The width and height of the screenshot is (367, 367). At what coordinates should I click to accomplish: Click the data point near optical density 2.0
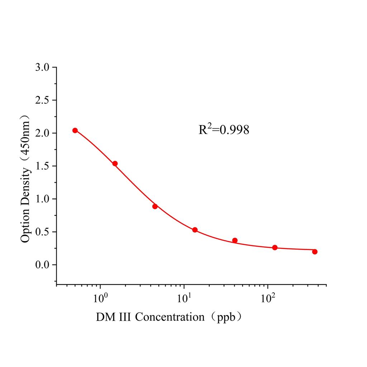coord(75,130)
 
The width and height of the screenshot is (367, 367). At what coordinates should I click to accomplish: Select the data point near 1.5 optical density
coord(115,163)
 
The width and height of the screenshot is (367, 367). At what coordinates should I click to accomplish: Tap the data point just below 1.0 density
coord(155,206)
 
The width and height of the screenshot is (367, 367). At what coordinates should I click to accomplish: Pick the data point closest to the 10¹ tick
coord(195,230)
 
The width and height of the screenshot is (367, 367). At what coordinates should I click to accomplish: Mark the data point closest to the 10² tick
coord(275,248)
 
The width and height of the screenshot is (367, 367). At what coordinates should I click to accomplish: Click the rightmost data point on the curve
coord(315,252)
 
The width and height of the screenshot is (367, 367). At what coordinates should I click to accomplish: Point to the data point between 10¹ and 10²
coord(235,240)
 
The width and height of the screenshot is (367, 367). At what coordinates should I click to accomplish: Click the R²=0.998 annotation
coord(224,129)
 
